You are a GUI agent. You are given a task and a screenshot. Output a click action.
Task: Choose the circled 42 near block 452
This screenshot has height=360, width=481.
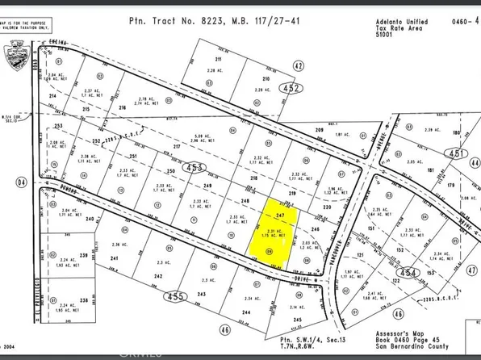pyautogui.click(x=299, y=65)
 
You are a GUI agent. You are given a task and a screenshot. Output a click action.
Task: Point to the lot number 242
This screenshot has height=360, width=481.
pyautogui.click(x=158, y=275)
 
